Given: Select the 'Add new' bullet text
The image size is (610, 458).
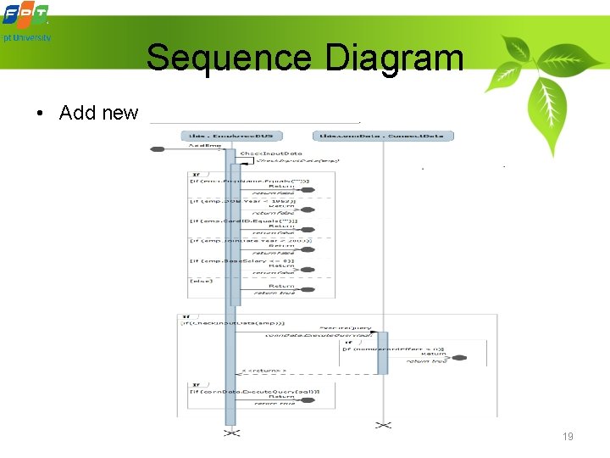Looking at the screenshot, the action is (98, 113).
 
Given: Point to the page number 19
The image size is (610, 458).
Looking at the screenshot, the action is (568, 437).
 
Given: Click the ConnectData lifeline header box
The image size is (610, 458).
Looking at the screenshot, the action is (383, 136).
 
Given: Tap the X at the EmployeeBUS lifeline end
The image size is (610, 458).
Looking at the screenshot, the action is (231, 433).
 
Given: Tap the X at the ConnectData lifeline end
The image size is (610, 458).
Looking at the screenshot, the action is (384, 424).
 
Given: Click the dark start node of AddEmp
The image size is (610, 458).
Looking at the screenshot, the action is (158, 149).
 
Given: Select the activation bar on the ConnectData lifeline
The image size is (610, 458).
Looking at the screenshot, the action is (383, 353).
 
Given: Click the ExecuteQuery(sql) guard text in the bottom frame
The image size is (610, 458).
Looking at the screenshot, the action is (254, 391).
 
